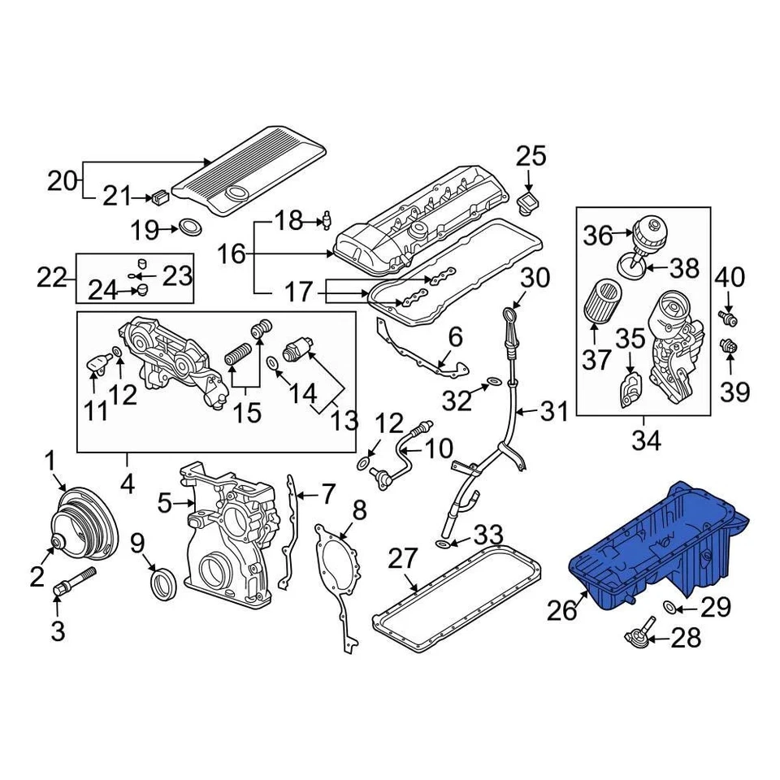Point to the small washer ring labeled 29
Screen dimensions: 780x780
[x=668, y=606]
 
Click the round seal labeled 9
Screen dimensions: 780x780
[x=164, y=583]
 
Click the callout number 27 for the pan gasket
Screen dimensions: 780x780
[x=403, y=559]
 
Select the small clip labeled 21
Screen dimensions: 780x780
[x=158, y=196]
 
